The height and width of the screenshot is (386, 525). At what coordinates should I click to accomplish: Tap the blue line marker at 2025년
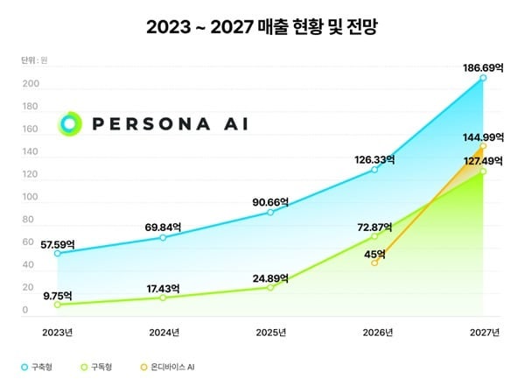point(270,213)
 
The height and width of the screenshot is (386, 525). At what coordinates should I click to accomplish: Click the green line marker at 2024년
point(163,298)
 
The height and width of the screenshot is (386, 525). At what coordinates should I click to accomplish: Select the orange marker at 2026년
point(374,263)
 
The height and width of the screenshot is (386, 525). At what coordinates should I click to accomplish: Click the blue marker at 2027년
point(483,79)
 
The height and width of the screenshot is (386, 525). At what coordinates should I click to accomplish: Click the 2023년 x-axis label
point(57,332)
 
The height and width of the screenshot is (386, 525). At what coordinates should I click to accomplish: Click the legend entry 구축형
point(37,366)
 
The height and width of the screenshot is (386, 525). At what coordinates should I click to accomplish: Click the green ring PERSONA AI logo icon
point(69,123)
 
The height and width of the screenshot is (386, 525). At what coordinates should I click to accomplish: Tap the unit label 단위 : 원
point(34,60)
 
